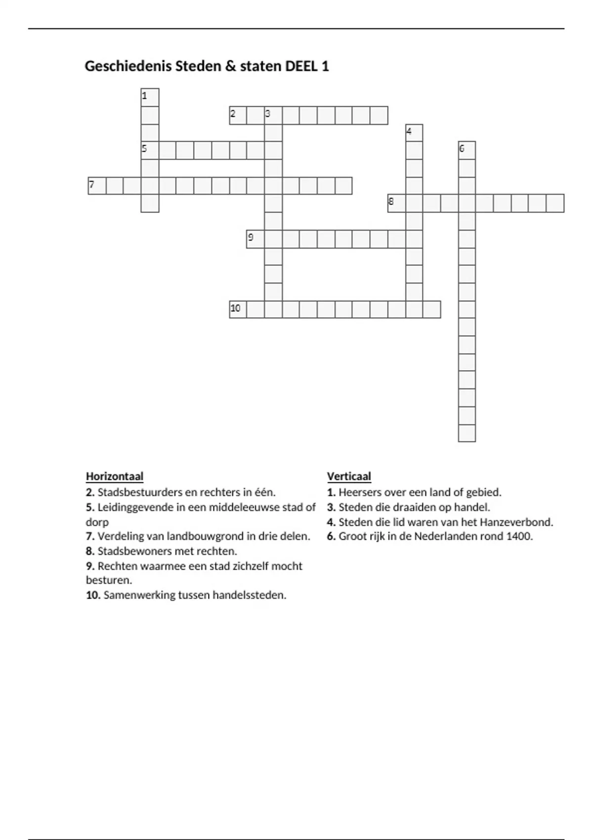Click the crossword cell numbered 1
150,97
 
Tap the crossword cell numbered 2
238,115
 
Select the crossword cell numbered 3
273,115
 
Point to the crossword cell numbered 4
414,133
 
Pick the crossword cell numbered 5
150,150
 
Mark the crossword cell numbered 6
467,150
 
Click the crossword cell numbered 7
97,186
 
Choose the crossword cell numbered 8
396,203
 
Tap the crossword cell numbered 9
255,239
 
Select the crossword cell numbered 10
238,309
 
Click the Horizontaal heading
115,476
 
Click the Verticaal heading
349,476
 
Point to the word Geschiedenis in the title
128,66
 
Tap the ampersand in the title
231,66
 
